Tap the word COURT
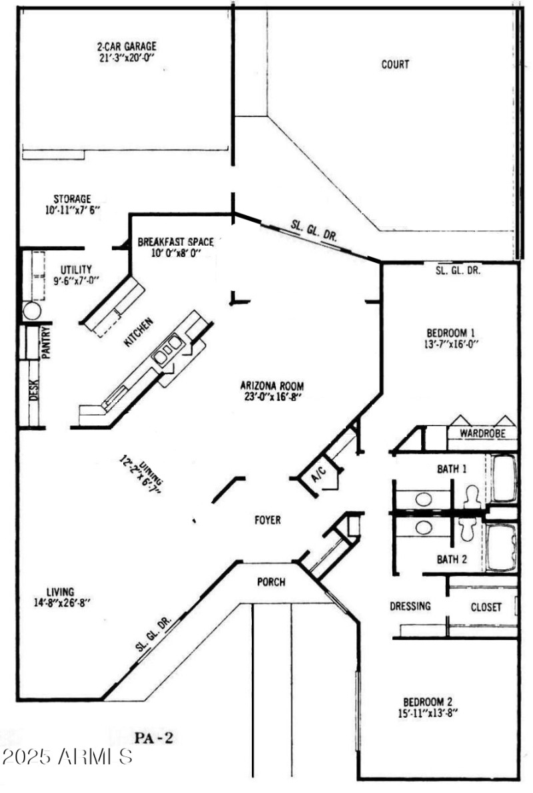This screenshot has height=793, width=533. pos(394,65)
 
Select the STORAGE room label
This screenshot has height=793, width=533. pos(71,198)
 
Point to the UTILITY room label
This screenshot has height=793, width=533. pos(77,269)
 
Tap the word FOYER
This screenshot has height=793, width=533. pos(267,520)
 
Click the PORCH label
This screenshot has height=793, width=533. pos(271,582)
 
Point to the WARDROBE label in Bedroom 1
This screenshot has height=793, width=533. pos(482,433)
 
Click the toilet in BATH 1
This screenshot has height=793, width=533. pos(472,496)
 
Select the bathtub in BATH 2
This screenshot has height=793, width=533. pos(502,549)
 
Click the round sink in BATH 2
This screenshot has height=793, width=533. pos(424,527)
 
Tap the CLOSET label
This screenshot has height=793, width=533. pos(486,607)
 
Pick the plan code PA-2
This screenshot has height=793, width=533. pos(155,737)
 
